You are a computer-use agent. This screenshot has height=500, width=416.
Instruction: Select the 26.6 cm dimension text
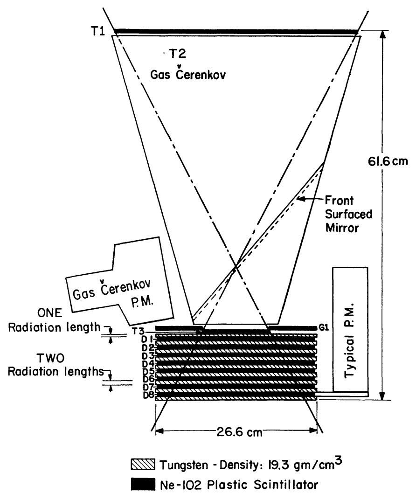(236, 431)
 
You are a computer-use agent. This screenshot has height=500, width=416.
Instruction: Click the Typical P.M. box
(350, 329)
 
